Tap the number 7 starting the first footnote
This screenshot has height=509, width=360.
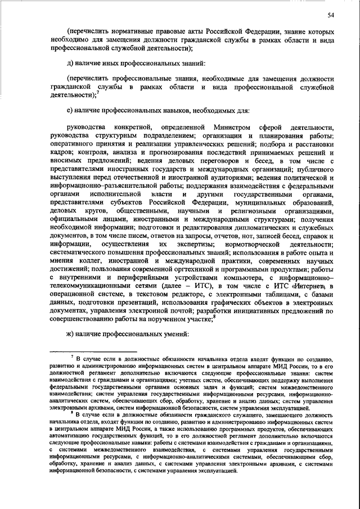coord(73,357)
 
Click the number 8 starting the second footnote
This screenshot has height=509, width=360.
coord(73,411)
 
